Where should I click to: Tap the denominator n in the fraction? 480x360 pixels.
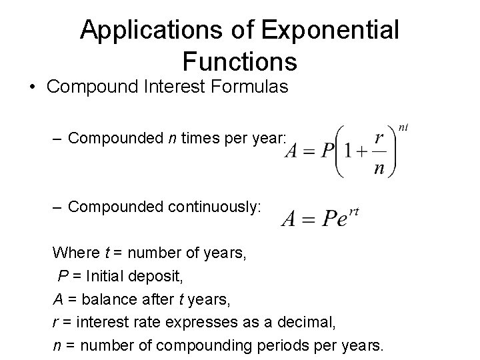coord(379,167)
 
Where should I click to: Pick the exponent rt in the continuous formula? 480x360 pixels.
coord(353,210)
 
